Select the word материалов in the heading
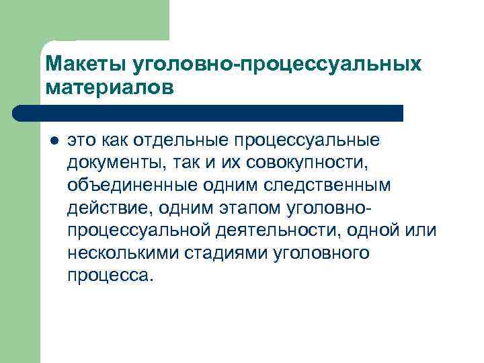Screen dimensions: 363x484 pos(110,87)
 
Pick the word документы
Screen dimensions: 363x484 pos(110,163)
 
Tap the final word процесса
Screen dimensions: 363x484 pos(109,276)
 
